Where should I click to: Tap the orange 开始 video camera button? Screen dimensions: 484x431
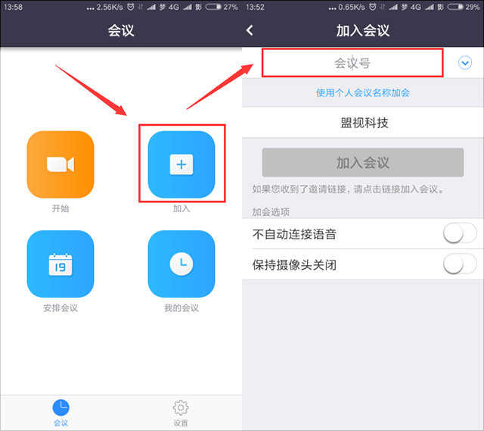click(x=60, y=164)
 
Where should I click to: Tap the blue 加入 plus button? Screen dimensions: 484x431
click(x=181, y=164)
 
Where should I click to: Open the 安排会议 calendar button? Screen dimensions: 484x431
click(x=60, y=264)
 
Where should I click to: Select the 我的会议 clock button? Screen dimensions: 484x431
click(x=181, y=264)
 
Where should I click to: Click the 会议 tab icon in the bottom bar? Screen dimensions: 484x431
click(x=60, y=408)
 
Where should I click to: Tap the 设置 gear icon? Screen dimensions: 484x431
click(x=181, y=408)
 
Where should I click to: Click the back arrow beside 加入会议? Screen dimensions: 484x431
click(x=250, y=30)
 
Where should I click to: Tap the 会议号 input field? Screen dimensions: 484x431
click(x=352, y=63)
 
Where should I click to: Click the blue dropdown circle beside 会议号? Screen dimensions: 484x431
click(x=465, y=63)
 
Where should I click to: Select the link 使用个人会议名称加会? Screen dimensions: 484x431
click(x=363, y=92)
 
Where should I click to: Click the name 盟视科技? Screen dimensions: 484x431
click(x=365, y=123)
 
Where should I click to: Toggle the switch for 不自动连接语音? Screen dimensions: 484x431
click(x=460, y=233)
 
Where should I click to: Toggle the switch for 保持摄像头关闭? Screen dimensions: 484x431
click(x=460, y=264)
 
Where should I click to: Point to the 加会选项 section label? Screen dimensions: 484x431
click(x=271, y=212)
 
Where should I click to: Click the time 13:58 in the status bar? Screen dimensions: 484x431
click(x=14, y=7)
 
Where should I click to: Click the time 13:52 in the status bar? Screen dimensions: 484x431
click(x=256, y=7)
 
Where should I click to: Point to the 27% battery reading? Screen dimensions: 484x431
click(x=231, y=7)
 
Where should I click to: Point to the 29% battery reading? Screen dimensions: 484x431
click(x=473, y=7)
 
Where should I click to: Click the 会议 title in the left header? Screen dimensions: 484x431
click(x=121, y=30)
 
